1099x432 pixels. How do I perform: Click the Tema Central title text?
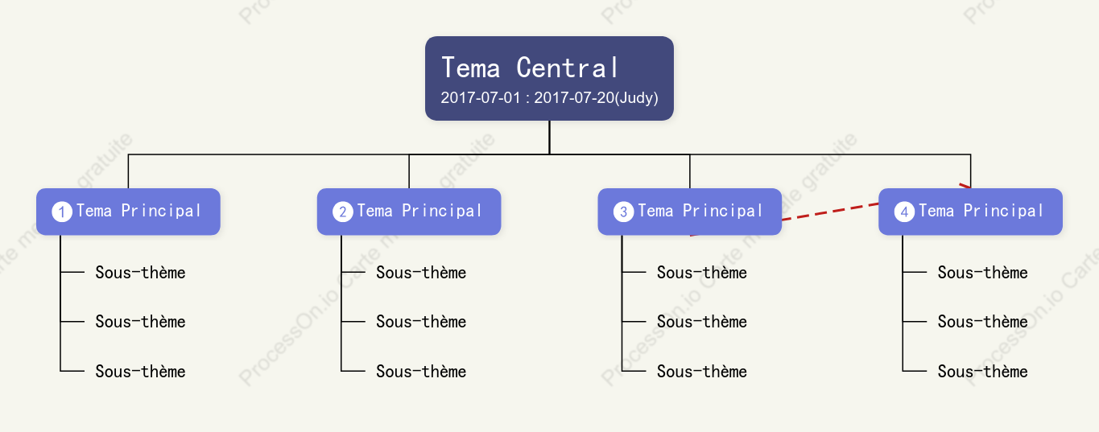pyautogui.click(x=530, y=68)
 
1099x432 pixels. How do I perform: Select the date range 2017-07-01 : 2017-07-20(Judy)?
pyautogui.click(x=549, y=97)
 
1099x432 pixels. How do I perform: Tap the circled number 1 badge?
pyautogui.click(x=62, y=212)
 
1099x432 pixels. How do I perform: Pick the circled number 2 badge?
pyautogui.click(x=342, y=212)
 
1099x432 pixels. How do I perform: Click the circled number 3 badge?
pyautogui.click(x=623, y=212)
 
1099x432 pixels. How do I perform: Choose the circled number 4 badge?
pyautogui.click(x=904, y=212)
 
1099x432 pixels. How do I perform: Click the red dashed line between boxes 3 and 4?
pyautogui.click(x=830, y=212)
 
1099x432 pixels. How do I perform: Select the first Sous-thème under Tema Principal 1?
pyautogui.click(x=140, y=272)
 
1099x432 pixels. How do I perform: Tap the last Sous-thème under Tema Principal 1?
pyautogui.click(x=140, y=371)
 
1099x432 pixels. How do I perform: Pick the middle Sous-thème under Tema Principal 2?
pyautogui.click(x=421, y=322)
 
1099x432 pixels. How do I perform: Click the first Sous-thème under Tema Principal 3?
pyautogui.click(x=701, y=272)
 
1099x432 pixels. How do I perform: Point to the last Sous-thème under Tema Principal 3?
pyautogui.click(x=701, y=371)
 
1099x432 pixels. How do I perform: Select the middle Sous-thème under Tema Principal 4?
pyautogui.click(x=982, y=322)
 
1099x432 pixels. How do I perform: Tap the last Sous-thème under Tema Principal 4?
pyautogui.click(x=982, y=371)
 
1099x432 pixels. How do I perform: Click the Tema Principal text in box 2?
pyautogui.click(x=419, y=211)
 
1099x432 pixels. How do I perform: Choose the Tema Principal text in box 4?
pyautogui.click(x=981, y=211)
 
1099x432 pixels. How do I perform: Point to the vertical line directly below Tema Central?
pyautogui.click(x=549, y=138)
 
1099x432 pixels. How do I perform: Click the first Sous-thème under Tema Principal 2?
pyautogui.click(x=421, y=272)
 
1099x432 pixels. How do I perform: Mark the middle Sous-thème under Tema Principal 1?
pyautogui.click(x=140, y=322)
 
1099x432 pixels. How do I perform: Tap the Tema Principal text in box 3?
pyautogui.click(x=700, y=211)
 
